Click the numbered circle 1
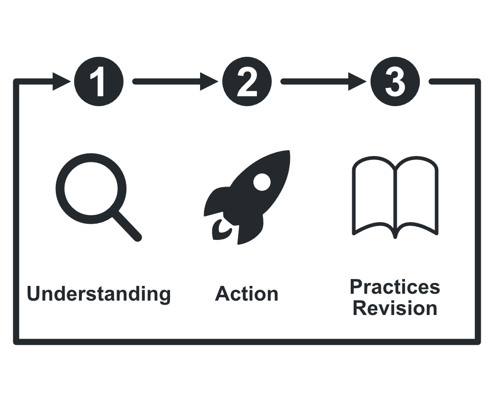(x=98, y=81)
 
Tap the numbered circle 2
(x=247, y=81)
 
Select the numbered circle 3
(x=395, y=81)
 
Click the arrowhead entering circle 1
(x=62, y=81)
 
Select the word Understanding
(x=99, y=294)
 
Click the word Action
(x=247, y=294)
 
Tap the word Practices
(x=395, y=286)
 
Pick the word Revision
(x=395, y=308)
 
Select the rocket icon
(x=247, y=197)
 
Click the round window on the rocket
(x=261, y=182)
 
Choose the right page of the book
(x=416, y=195)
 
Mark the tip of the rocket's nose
(x=288, y=153)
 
